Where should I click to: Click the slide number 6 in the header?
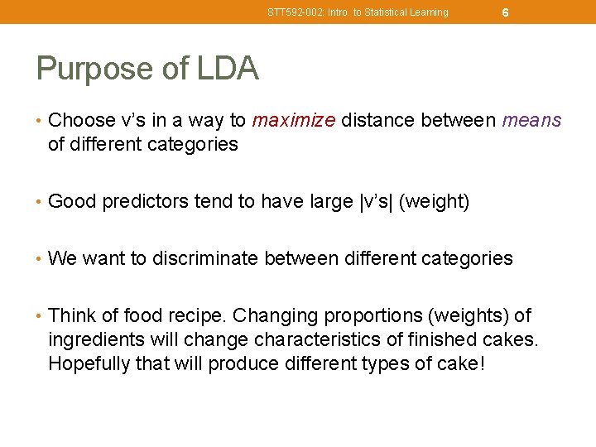pyautogui.click(x=505, y=12)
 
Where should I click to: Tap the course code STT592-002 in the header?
pyautogui.click(x=291, y=12)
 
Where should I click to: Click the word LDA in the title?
pyautogui.click(x=228, y=69)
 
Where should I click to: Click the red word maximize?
pyautogui.click(x=294, y=121)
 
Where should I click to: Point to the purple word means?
pyautogui.click(x=532, y=121)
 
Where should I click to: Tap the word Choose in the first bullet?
pyautogui.click(x=78, y=121)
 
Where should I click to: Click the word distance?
pyautogui.click(x=378, y=121)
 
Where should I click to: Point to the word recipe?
pyautogui.click(x=197, y=316)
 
